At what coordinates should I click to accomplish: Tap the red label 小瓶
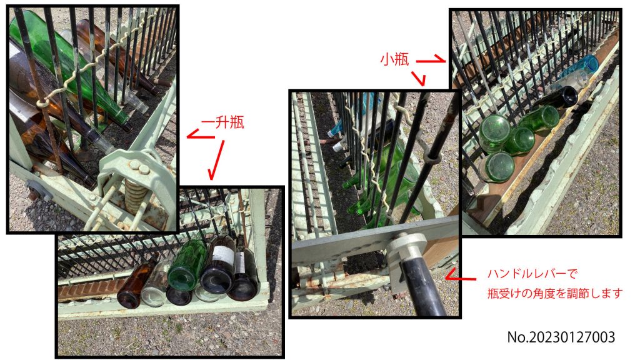click(x=394, y=59)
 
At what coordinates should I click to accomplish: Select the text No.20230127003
click(x=561, y=337)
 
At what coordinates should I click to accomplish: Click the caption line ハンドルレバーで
click(x=532, y=274)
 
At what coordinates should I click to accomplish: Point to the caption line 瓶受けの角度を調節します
click(x=555, y=293)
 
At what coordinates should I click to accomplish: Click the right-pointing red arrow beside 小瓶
click(x=431, y=59)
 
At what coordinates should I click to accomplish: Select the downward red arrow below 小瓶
click(x=419, y=77)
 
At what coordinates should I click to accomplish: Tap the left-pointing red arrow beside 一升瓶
click(x=201, y=134)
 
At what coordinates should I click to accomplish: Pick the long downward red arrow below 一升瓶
click(x=217, y=160)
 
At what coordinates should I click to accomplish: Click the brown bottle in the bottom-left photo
click(x=136, y=283)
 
